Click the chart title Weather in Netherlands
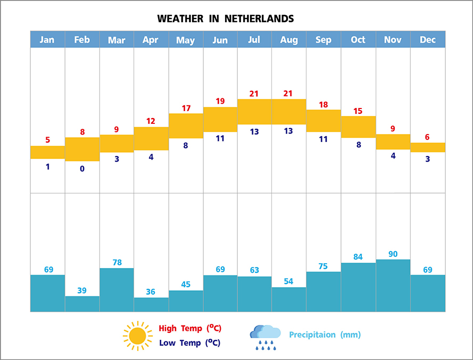(x=226, y=19)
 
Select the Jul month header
(x=254, y=40)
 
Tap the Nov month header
(x=393, y=40)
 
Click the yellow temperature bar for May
(x=186, y=125)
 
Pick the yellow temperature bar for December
(x=428, y=147)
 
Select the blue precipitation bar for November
(x=393, y=286)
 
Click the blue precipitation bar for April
(x=151, y=304)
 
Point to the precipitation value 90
(x=393, y=254)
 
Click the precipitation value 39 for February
(x=82, y=290)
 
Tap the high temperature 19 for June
(x=220, y=101)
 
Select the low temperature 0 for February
(x=82, y=169)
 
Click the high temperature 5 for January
(x=48, y=140)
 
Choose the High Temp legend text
(x=190, y=328)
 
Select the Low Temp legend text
(x=189, y=343)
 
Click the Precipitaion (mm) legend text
(x=325, y=335)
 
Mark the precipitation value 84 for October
(x=359, y=257)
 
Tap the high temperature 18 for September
(x=323, y=105)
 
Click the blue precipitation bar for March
(x=117, y=290)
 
